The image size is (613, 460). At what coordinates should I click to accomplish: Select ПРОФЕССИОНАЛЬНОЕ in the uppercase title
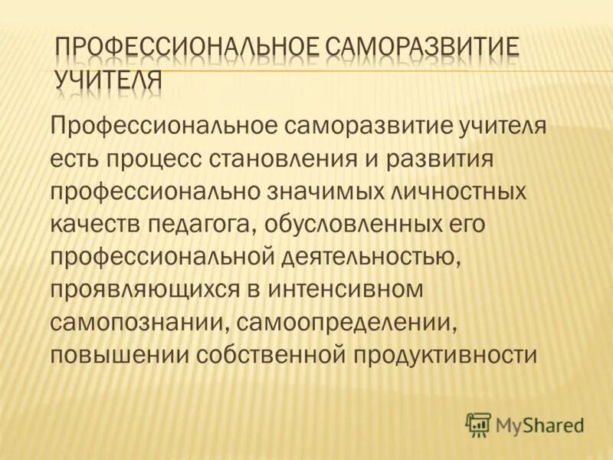187,48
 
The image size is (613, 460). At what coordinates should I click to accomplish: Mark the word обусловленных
357,224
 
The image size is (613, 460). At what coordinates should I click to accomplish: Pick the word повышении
118,355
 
